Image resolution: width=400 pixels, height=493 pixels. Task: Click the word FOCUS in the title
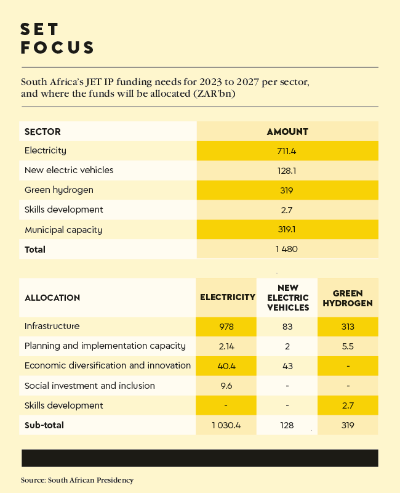58,48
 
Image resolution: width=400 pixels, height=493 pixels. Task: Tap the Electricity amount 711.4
287,150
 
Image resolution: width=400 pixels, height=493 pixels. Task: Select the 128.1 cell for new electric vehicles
287,170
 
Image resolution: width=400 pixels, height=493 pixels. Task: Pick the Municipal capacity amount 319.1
287,230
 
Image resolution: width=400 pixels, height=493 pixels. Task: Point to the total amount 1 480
287,250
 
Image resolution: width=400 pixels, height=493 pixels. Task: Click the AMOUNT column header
287,131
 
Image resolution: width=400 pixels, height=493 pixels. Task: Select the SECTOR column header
42,131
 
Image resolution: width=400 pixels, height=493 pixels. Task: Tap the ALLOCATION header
52,298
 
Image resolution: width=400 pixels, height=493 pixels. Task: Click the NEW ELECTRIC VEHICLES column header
287,298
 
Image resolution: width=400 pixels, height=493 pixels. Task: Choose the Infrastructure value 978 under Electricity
226,327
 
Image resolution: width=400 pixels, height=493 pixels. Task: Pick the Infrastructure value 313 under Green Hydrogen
348,327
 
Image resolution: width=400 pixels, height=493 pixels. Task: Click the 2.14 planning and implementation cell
226,346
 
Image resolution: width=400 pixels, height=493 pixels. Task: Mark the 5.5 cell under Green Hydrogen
348,346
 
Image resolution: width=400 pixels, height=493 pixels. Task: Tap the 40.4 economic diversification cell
226,366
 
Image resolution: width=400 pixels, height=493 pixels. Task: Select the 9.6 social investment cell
226,386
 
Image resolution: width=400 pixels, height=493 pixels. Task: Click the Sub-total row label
44,425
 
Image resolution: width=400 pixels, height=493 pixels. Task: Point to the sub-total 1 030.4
226,425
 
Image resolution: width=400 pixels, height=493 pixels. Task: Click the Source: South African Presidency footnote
77,479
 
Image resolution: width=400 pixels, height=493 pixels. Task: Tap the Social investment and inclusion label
90,386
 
